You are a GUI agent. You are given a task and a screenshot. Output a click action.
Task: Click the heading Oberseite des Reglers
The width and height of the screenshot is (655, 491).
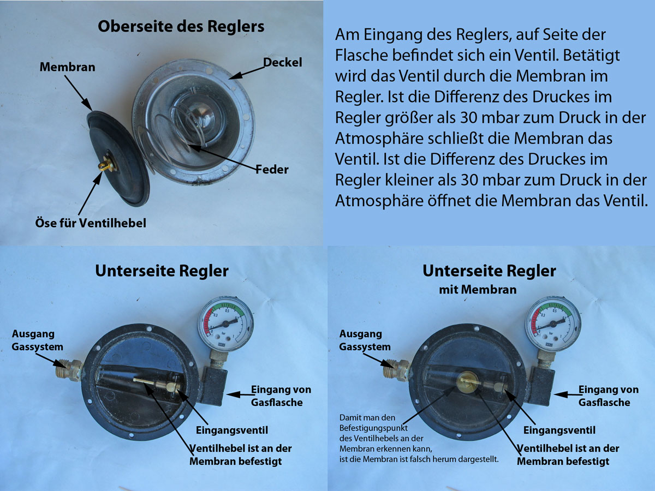[x=181, y=27]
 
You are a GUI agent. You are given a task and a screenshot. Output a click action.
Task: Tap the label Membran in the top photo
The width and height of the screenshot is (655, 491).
[x=68, y=67]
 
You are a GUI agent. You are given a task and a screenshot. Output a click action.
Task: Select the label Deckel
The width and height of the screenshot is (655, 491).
[x=283, y=62]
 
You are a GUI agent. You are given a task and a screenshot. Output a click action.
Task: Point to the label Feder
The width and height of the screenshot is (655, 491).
[x=272, y=169]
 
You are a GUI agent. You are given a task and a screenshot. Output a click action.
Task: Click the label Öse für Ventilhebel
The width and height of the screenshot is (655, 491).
[x=91, y=223]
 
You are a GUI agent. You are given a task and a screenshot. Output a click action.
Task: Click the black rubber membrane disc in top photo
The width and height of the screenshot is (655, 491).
[x=118, y=158]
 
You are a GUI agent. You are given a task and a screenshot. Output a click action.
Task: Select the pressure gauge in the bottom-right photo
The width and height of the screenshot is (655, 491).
[x=553, y=324]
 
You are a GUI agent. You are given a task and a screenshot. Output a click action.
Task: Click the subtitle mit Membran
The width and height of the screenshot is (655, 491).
[x=478, y=290]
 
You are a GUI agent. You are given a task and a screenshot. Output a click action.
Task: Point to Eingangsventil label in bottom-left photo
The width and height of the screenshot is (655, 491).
[x=232, y=430]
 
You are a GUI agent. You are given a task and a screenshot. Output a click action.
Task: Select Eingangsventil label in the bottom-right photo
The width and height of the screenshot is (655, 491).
[x=559, y=430]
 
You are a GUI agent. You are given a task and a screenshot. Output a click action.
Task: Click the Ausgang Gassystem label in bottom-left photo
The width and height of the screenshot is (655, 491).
[x=37, y=340]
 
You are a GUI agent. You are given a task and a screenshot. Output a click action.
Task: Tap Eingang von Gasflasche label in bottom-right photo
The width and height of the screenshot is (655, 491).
[x=609, y=396]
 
